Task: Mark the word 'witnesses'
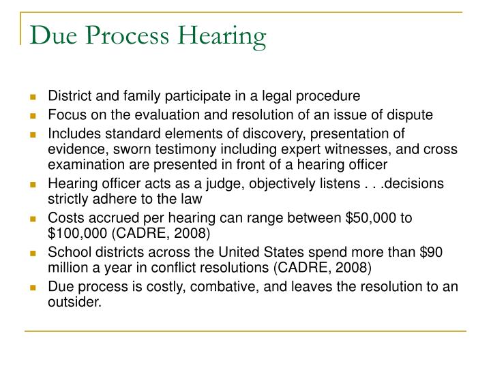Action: click(334, 149)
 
